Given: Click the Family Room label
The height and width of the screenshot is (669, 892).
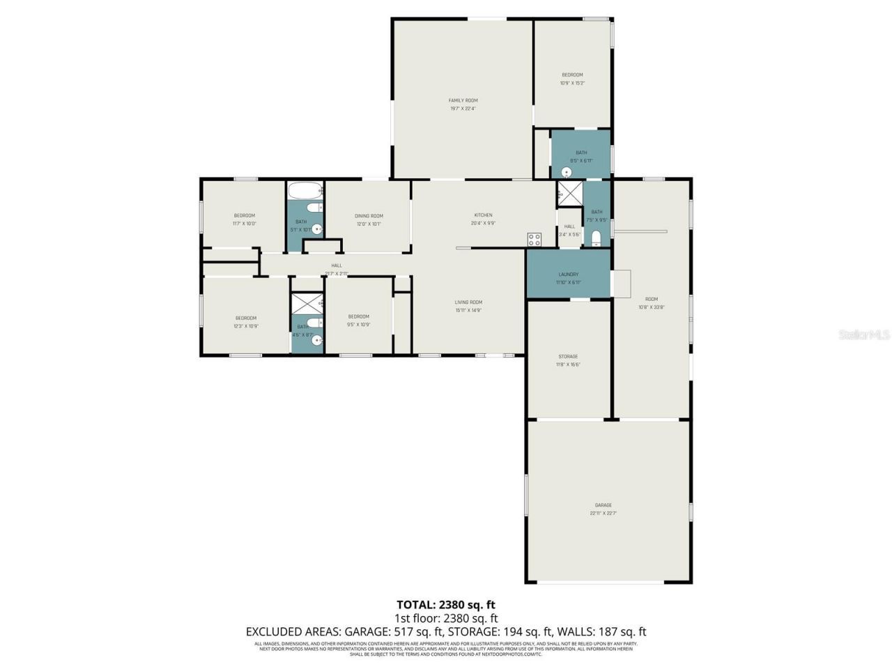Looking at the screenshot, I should (463, 100).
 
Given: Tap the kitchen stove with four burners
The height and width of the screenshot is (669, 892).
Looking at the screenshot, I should (535, 239).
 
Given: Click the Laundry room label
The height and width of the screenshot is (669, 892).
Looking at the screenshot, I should (568, 275).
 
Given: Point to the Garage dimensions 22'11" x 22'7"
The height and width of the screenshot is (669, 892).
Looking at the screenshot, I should (603, 514).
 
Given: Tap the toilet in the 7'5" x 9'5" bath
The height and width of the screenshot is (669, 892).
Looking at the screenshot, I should (596, 239).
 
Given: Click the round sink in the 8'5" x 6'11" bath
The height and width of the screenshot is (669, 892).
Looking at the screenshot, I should (567, 172).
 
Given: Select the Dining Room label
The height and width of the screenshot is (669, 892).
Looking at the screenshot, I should (369, 216).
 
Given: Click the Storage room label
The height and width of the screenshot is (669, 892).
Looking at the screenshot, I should (568, 356).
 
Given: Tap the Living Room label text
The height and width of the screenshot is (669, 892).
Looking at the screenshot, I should (468, 302).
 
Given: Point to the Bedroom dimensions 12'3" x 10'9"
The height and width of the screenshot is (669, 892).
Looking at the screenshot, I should (245, 326).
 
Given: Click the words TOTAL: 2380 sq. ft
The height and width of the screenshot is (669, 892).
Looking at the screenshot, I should (446, 605).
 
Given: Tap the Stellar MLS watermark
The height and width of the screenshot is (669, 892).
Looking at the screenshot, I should (864, 335).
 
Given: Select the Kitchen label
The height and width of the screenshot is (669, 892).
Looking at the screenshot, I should (483, 215).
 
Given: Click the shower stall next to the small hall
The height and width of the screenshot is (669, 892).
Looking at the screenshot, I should (569, 194).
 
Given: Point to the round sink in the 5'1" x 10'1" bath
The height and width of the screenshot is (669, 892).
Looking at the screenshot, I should (317, 229).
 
